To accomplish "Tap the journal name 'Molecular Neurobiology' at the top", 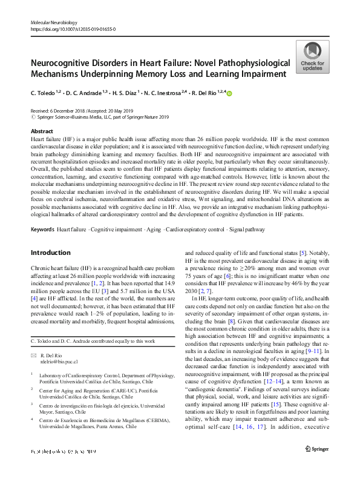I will [56, 21].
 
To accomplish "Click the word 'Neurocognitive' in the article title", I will [64, 64].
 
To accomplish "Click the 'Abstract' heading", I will [41, 131].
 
